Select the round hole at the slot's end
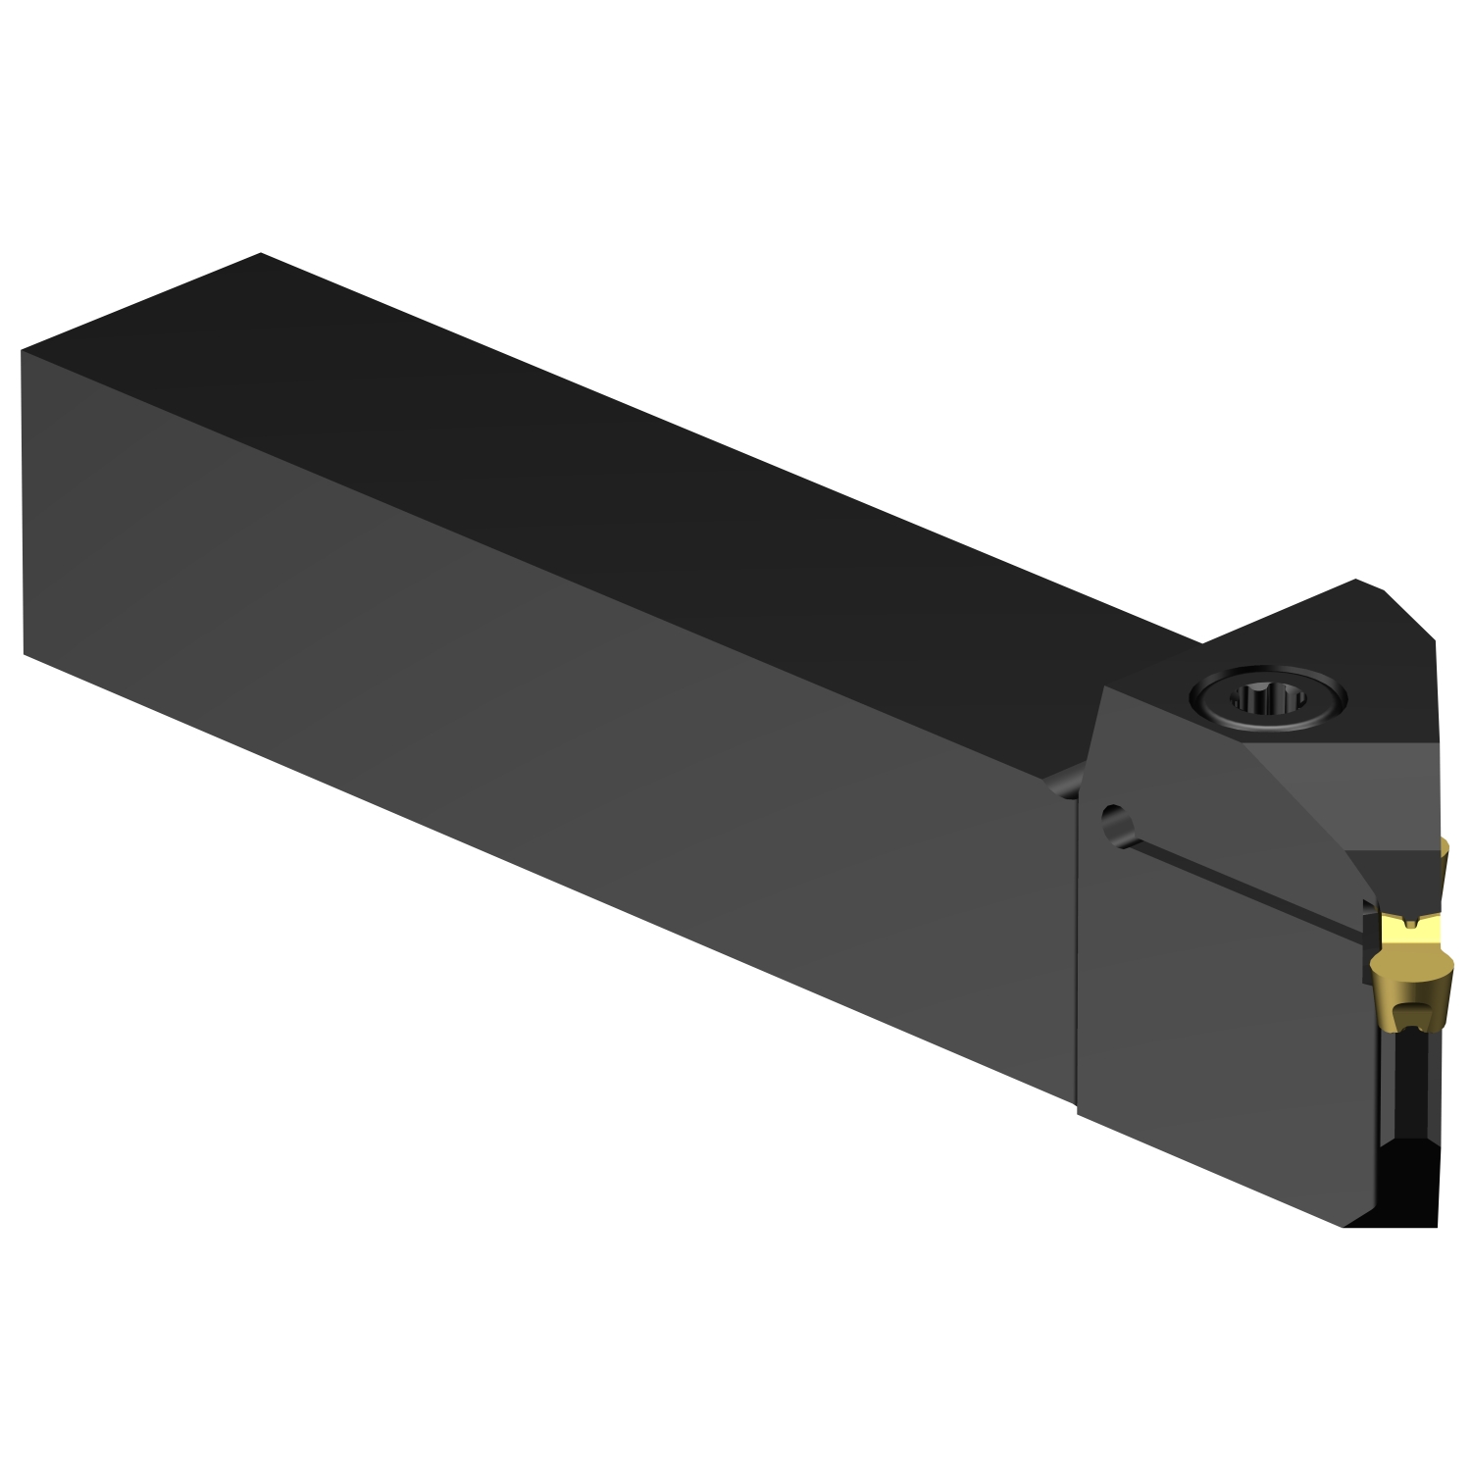pyautogui.click(x=1112, y=817)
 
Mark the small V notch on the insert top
pyautogui.click(x=1411, y=923)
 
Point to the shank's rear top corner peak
pyautogui.click(x=261, y=254)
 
